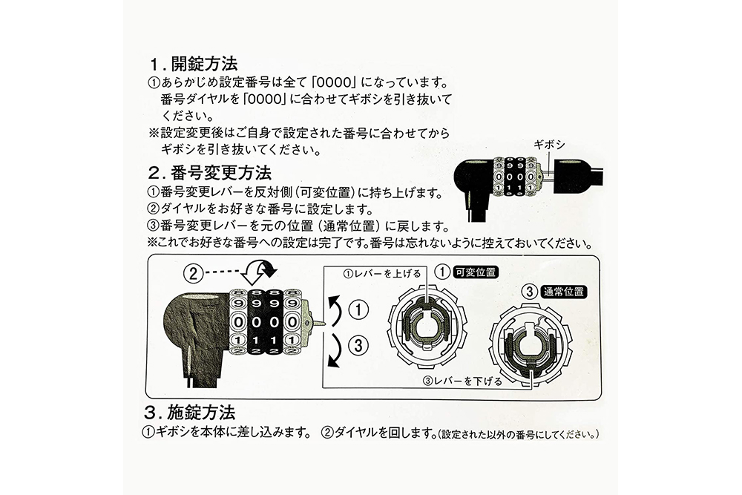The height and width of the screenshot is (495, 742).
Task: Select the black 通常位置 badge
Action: click(565, 292)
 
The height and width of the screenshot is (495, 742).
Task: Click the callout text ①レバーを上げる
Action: click(379, 272)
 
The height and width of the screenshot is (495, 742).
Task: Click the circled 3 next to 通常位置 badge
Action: click(531, 292)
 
